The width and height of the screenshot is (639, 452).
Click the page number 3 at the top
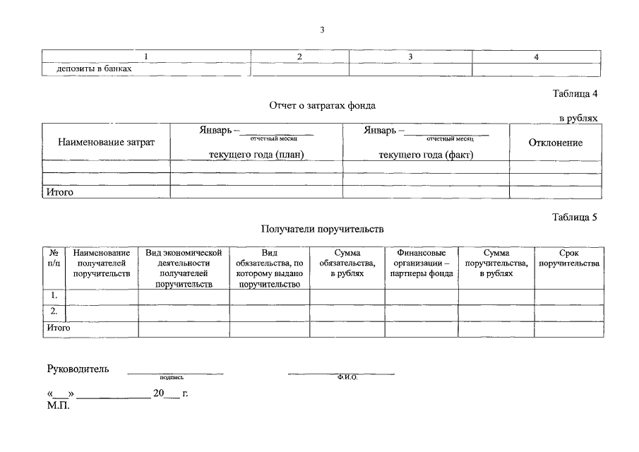pos(322,30)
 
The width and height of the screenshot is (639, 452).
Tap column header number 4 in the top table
pos(537,56)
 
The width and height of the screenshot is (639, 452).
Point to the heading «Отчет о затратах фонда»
pos(322,105)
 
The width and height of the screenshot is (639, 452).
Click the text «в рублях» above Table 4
pos(578,118)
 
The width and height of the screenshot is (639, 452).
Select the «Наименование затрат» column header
pos(106,143)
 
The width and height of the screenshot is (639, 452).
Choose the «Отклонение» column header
pos(556,143)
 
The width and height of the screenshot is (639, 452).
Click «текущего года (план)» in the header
pos(256,155)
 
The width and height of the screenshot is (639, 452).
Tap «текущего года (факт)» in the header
pos(426,155)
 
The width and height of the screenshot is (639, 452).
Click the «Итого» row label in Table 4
pos(60,191)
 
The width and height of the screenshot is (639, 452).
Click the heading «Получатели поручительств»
pos(322,229)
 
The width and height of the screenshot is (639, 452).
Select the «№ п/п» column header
pos(54,258)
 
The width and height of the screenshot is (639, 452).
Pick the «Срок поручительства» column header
pos(568,258)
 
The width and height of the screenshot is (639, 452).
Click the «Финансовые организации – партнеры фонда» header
pos(422,263)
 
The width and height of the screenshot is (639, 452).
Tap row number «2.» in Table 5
pos(54,311)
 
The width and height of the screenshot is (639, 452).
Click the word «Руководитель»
pos(77,369)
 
